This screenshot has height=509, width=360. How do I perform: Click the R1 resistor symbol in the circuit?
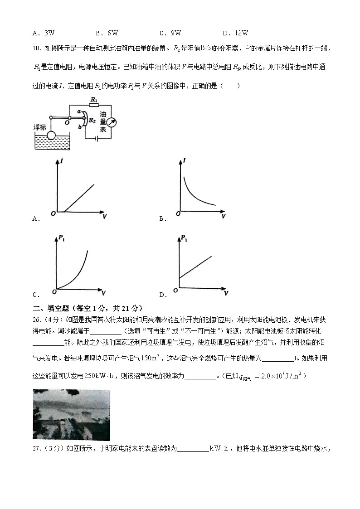[x=94, y=105]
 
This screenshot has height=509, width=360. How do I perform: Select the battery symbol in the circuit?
[x=97, y=139]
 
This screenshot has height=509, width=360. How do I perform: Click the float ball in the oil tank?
[x=51, y=135]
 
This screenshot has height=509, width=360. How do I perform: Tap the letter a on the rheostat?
[x=79, y=111]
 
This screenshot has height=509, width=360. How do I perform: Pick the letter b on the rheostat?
[x=80, y=129]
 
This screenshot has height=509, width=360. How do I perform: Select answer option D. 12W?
[x=236, y=33]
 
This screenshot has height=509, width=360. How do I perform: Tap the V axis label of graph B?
[x=223, y=217]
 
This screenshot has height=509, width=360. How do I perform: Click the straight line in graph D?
[x=195, y=267]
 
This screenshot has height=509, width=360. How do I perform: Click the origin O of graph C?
[x=53, y=291]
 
